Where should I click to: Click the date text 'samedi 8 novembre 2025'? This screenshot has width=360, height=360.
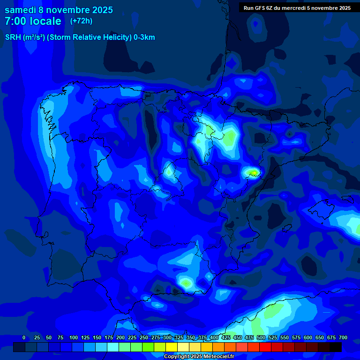pos(59,10)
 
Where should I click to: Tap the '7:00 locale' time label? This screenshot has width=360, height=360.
pos(33,21)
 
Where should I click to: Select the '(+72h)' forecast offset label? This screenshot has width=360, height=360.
pos(81,21)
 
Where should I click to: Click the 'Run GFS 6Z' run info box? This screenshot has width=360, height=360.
pos(297,7)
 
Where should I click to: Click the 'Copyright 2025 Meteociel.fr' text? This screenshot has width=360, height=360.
pos(199,356)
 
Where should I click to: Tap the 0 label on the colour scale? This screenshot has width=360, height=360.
pos(24,337)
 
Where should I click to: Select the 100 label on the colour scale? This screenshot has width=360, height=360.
pos(73,337)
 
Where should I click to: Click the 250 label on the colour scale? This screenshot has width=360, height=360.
pos(144,337)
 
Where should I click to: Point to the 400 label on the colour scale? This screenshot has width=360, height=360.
pos(214,337)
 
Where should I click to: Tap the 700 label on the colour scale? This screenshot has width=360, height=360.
pos(343,337)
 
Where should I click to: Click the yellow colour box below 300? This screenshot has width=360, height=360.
pos(172,347)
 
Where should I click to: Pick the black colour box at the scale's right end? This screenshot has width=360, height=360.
pos(336,347)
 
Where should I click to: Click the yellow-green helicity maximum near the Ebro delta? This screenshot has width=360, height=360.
pos(254,173)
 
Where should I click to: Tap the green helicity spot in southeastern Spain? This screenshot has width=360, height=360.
pos(186,283)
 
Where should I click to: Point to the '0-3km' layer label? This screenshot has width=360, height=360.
pos(144,37)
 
